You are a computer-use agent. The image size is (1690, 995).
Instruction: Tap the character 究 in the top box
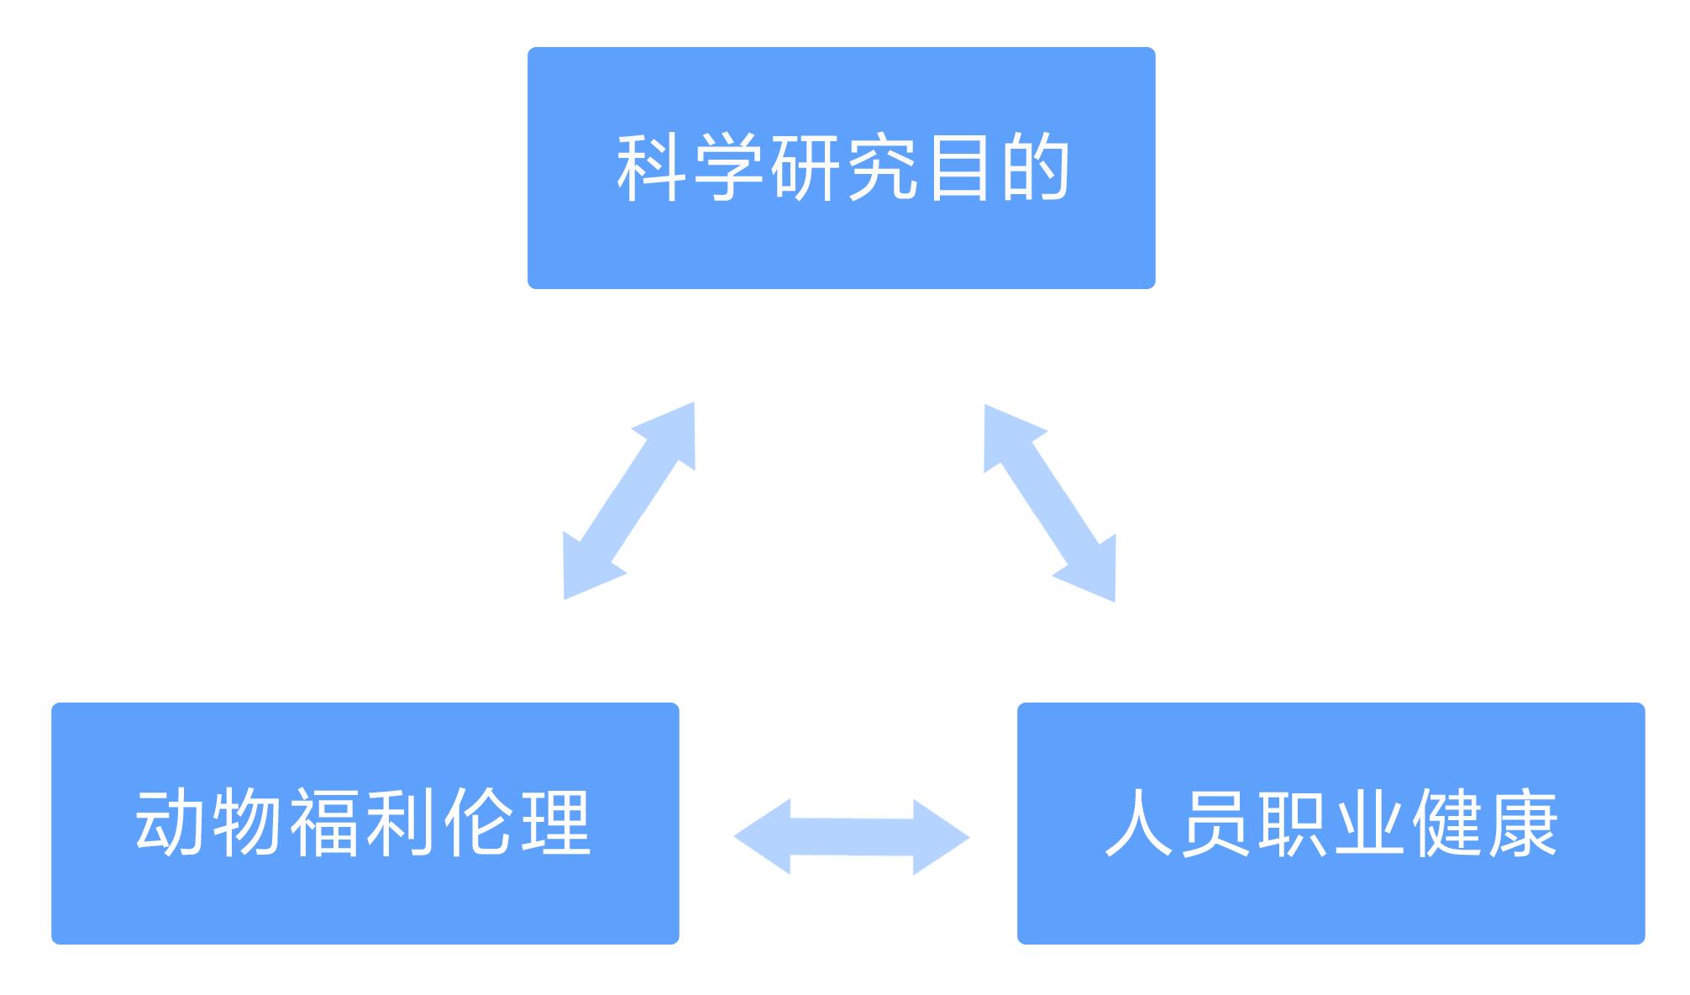coord(881,168)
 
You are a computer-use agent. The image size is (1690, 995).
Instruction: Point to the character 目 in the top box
coord(958,168)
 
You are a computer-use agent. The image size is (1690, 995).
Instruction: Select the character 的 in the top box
coord(1035,168)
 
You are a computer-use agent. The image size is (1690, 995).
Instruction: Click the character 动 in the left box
coord(171,823)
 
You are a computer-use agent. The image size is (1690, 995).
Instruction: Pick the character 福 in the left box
coord(325,823)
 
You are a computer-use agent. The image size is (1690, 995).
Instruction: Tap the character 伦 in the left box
coord(479,823)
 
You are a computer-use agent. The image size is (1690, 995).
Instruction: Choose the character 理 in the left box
coord(555,823)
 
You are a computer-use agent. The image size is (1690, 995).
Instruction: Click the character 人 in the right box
coord(1140,823)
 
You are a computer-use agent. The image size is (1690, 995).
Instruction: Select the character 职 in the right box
coord(1294,823)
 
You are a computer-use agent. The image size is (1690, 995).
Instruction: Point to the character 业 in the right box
coord(1370,823)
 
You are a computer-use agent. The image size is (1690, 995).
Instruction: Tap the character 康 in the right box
coord(1524,823)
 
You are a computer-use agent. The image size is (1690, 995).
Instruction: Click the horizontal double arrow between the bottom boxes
coord(852,837)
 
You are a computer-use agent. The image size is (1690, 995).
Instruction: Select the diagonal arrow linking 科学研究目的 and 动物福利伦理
coord(629,501)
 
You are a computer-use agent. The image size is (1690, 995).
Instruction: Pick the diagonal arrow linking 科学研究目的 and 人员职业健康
coord(1050,503)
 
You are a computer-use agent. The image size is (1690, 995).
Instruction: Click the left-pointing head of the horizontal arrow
coord(761,837)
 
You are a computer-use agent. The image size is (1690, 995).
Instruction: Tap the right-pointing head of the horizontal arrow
coord(942,837)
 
